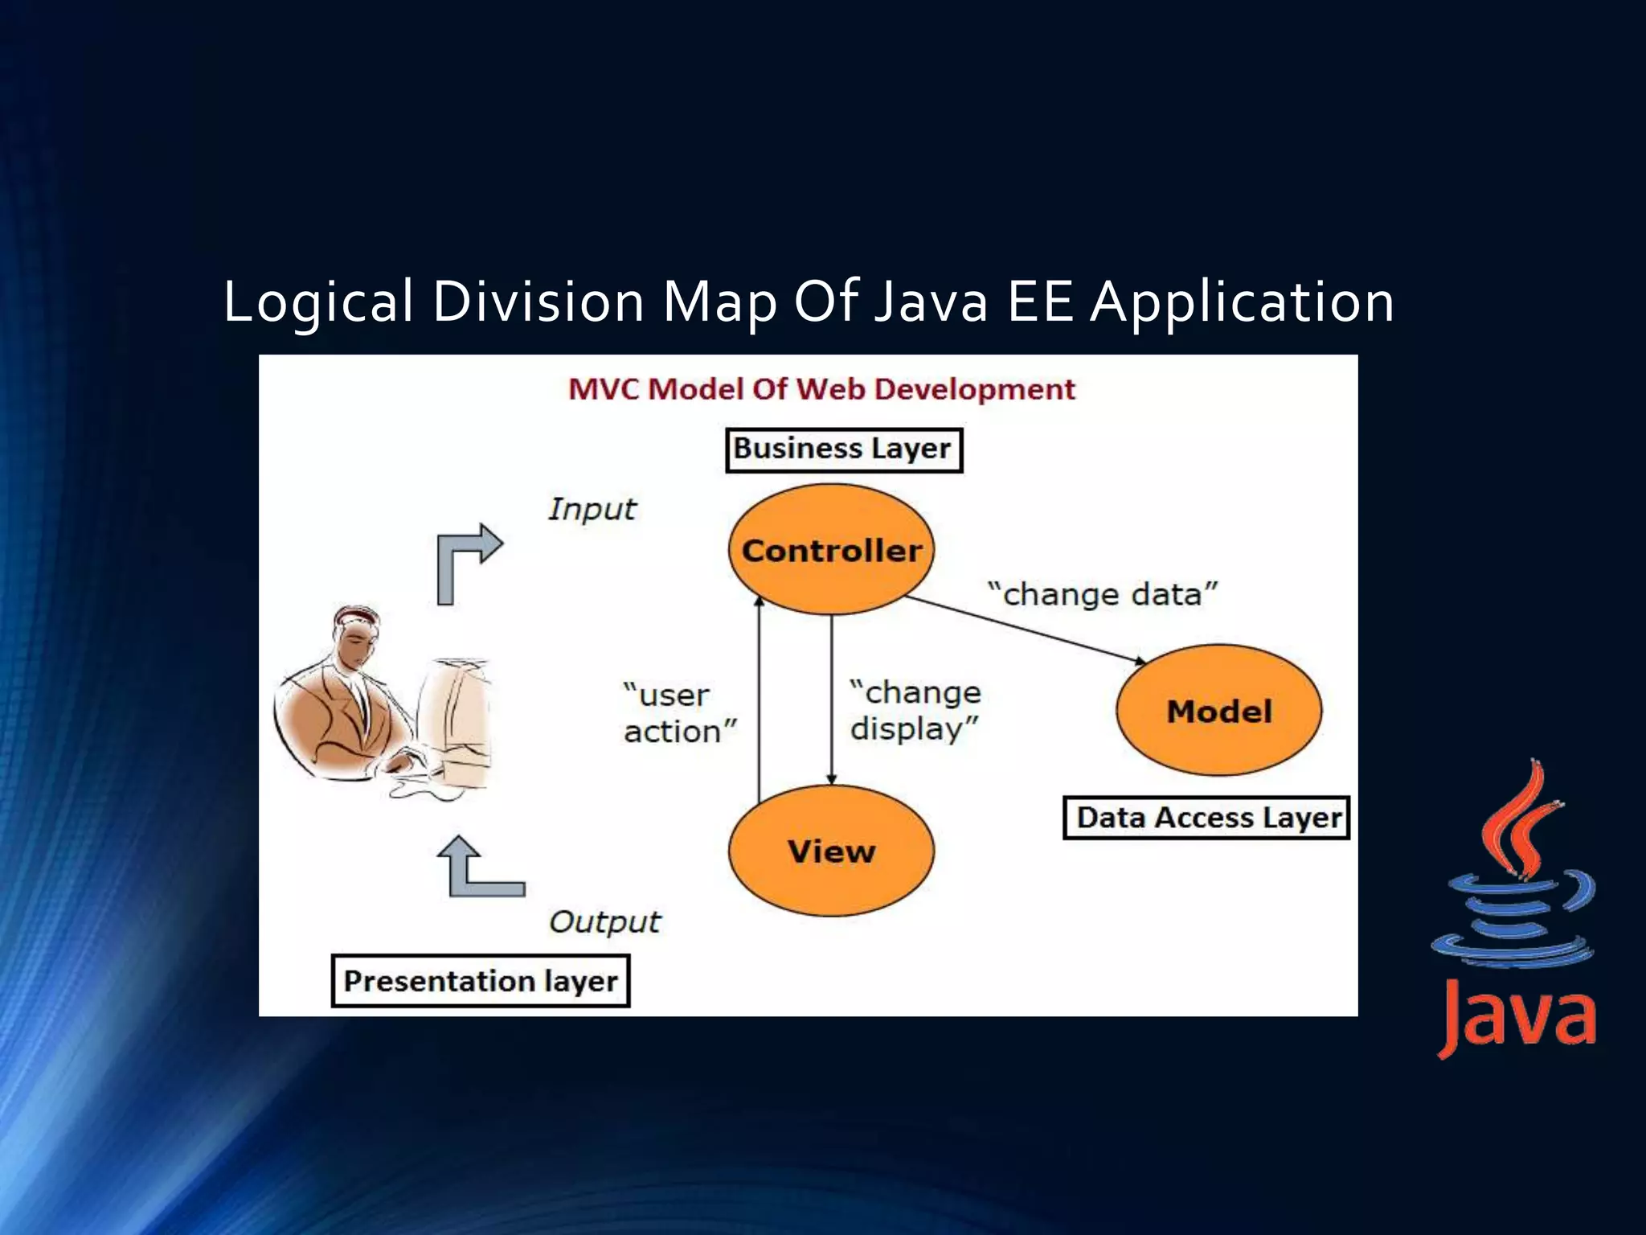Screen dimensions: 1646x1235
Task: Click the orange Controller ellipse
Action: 831,550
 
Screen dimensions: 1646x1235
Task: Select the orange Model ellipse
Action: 1218,711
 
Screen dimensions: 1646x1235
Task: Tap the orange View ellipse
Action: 831,851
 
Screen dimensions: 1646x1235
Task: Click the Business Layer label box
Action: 843,449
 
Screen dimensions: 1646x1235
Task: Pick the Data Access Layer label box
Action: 1206,818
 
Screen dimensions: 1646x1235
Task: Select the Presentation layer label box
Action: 481,981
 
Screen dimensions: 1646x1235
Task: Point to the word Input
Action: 592,510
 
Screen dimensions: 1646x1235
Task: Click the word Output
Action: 604,922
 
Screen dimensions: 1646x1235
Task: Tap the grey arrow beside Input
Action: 466,559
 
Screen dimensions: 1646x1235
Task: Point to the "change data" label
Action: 1103,595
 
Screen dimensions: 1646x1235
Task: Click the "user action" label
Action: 678,713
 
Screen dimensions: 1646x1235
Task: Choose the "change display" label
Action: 915,711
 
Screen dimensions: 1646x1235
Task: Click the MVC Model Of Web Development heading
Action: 821,390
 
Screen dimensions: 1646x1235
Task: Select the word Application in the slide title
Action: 1242,302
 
